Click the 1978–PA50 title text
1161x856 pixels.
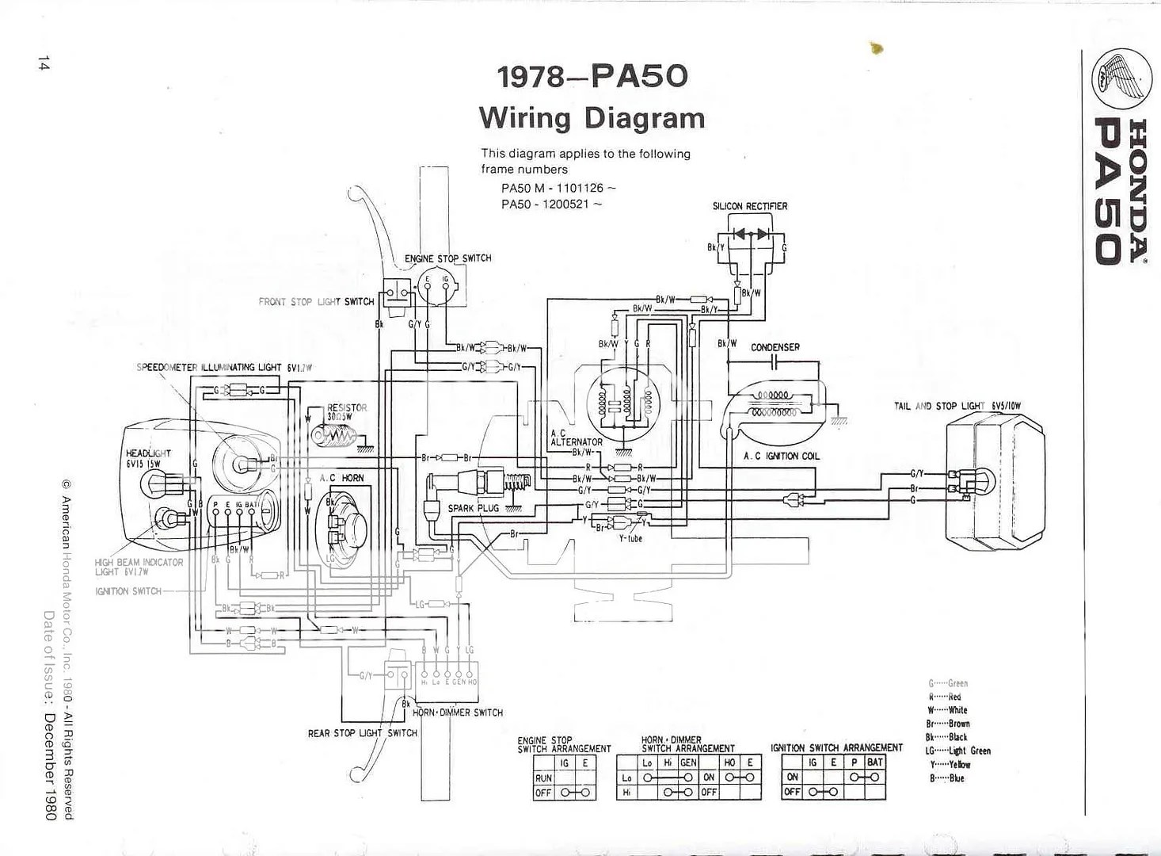click(592, 77)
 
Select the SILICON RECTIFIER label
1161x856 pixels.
click(749, 206)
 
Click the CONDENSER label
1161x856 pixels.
click(775, 347)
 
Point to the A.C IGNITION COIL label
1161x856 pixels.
click(781, 457)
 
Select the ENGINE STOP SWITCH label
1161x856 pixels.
click(447, 258)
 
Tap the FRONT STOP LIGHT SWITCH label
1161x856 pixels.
click(316, 302)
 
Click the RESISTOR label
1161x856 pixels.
click(347, 407)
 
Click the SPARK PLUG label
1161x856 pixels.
click(473, 508)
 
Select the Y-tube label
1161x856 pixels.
click(630, 539)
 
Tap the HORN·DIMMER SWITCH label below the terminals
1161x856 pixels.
click(457, 713)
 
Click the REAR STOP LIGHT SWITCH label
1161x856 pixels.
click(362, 733)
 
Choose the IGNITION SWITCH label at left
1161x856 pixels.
click(128, 591)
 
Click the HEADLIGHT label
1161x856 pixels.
click(148, 453)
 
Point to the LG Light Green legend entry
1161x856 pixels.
click(958, 751)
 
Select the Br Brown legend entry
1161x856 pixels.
click(948, 724)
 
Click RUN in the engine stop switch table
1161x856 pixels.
click(543, 778)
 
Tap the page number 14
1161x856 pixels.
click(43, 64)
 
